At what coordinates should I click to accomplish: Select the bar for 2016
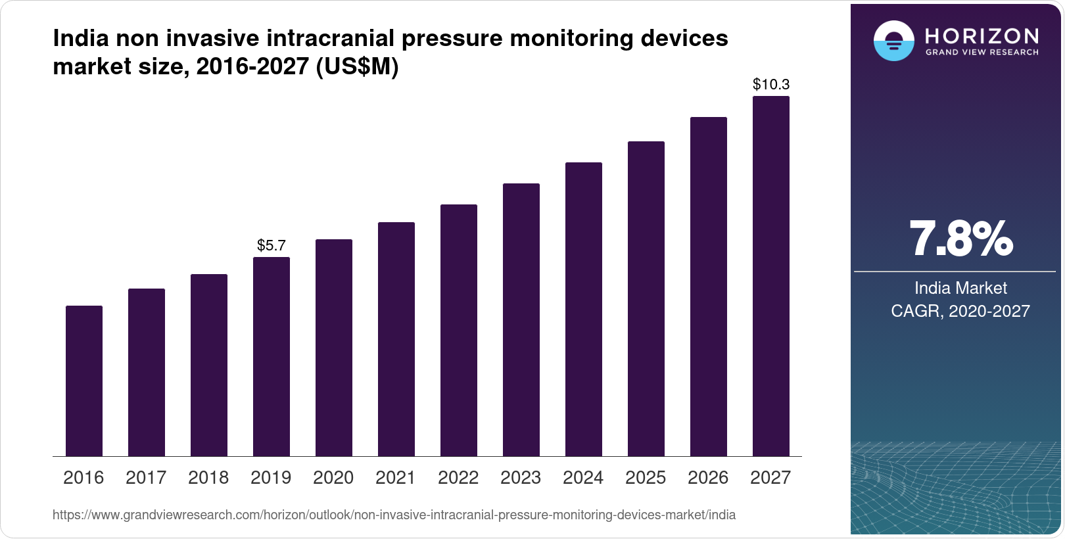click(x=84, y=381)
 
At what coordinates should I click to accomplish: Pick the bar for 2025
click(x=646, y=299)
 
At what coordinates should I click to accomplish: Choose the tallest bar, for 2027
click(x=771, y=276)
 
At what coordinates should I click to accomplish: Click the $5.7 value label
click(x=272, y=246)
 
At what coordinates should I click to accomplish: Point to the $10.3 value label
click(x=771, y=85)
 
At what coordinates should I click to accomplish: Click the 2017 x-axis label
click(x=146, y=478)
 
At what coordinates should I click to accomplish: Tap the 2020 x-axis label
click(x=333, y=478)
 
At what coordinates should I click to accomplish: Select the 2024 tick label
click(x=583, y=478)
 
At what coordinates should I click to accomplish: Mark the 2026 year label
click(x=708, y=478)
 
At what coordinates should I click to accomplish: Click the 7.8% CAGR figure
click(x=960, y=239)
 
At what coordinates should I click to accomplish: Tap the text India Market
click(x=960, y=288)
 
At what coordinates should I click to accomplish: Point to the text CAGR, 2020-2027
click(x=960, y=311)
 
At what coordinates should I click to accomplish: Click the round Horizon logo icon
click(x=893, y=41)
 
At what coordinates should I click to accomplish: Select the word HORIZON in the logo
click(x=982, y=35)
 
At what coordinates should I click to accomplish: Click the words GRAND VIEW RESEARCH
click(x=982, y=53)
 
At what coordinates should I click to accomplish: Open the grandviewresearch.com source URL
click(x=394, y=515)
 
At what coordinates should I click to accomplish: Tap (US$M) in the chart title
click(x=357, y=67)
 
